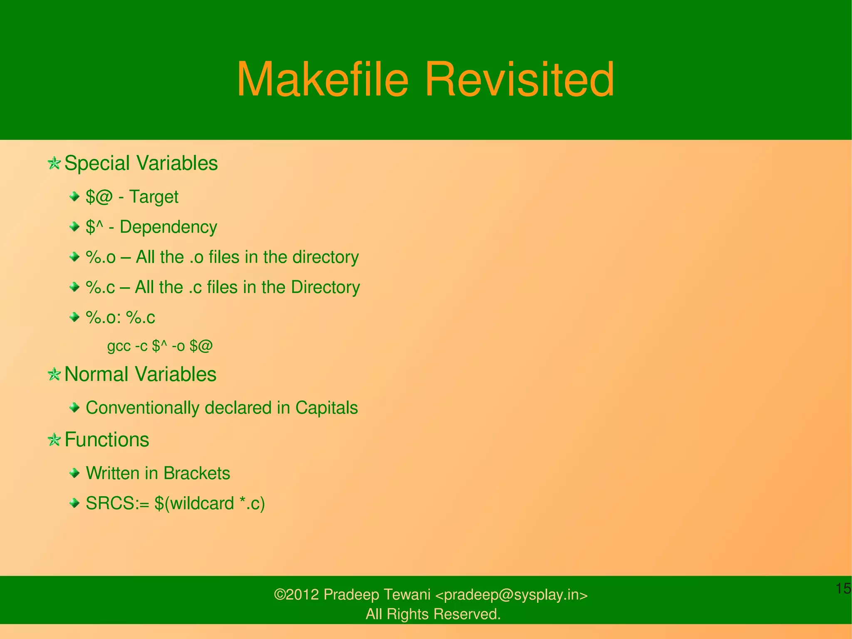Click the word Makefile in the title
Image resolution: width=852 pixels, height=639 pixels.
(x=322, y=79)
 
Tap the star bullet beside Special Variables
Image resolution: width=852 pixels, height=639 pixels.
(x=54, y=163)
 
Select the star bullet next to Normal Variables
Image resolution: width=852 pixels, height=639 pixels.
(x=54, y=374)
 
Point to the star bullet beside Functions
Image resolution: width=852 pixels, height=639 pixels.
(x=54, y=440)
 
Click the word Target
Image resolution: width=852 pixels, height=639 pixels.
(x=154, y=197)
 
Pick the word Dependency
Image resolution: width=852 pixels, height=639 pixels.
(x=168, y=227)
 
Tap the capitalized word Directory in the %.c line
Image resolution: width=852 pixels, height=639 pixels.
(x=325, y=287)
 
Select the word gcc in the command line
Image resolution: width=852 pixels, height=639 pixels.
(x=119, y=346)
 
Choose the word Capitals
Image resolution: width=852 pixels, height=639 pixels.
(x=327, y=408)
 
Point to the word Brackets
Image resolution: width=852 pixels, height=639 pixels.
(x=196, y=473)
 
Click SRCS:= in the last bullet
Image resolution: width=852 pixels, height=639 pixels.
(x=117, y=504)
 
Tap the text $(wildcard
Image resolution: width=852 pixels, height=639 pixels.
(x=194, y=504)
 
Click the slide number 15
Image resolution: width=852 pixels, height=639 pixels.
(x=843, y=589)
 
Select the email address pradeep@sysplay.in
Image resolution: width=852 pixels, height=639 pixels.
(x=511, y=595)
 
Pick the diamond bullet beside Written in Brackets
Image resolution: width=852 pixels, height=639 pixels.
(x=74, y=473)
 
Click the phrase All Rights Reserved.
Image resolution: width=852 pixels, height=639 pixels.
(x=433, y=614)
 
